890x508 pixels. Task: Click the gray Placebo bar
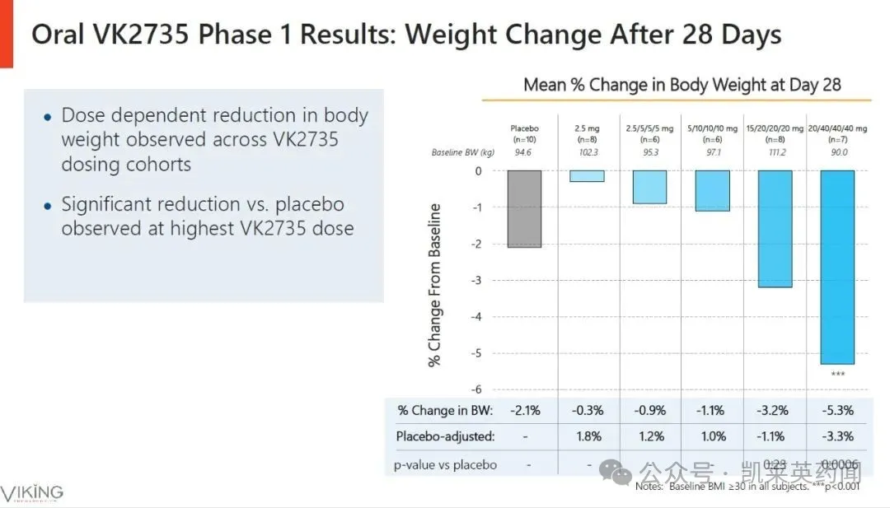[x=524, y=209]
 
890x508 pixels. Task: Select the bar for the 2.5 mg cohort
[x=586, y=176]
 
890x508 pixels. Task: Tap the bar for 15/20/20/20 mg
[x=774, y=229]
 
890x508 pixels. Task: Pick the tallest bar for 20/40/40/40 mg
[x=837, y=267]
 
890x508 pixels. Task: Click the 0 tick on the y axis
[x=478, y=171]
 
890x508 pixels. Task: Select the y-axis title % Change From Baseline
[x=434, y=285]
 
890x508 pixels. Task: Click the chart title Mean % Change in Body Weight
[x=682, y=85]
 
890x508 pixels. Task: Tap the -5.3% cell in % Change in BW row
[x=837, y=410]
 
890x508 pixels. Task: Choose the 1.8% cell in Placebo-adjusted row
[x=586, y=436]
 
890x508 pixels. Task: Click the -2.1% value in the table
[x=524, y=410]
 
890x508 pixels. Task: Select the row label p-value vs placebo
[x=447, y=464]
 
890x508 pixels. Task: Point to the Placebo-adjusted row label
[x=445, y=436]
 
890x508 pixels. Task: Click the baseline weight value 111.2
[x=774, y=152]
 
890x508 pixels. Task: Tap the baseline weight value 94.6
[x=524, y=152]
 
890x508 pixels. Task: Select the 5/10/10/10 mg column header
[x=711, y=133]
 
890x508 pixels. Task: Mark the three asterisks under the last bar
[x=837, y=375]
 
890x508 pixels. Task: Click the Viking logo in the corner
[x=31, y=492]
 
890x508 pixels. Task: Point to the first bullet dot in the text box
[x=48, y=117]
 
